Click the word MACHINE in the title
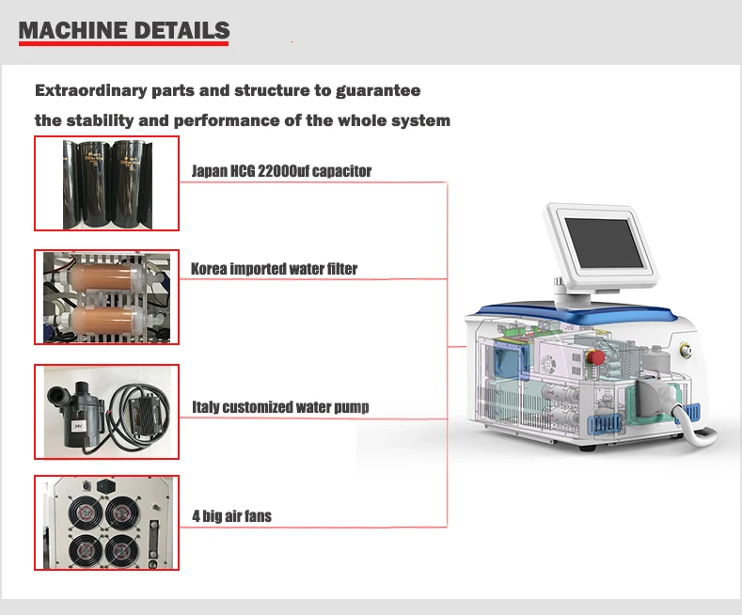point(70,30)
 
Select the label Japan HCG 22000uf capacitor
point(281,171)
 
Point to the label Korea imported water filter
point(274,269)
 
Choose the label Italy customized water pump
point(280,407)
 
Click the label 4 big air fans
point(231,515)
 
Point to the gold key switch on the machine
point(687,354)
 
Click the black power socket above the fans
point(106,487)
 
